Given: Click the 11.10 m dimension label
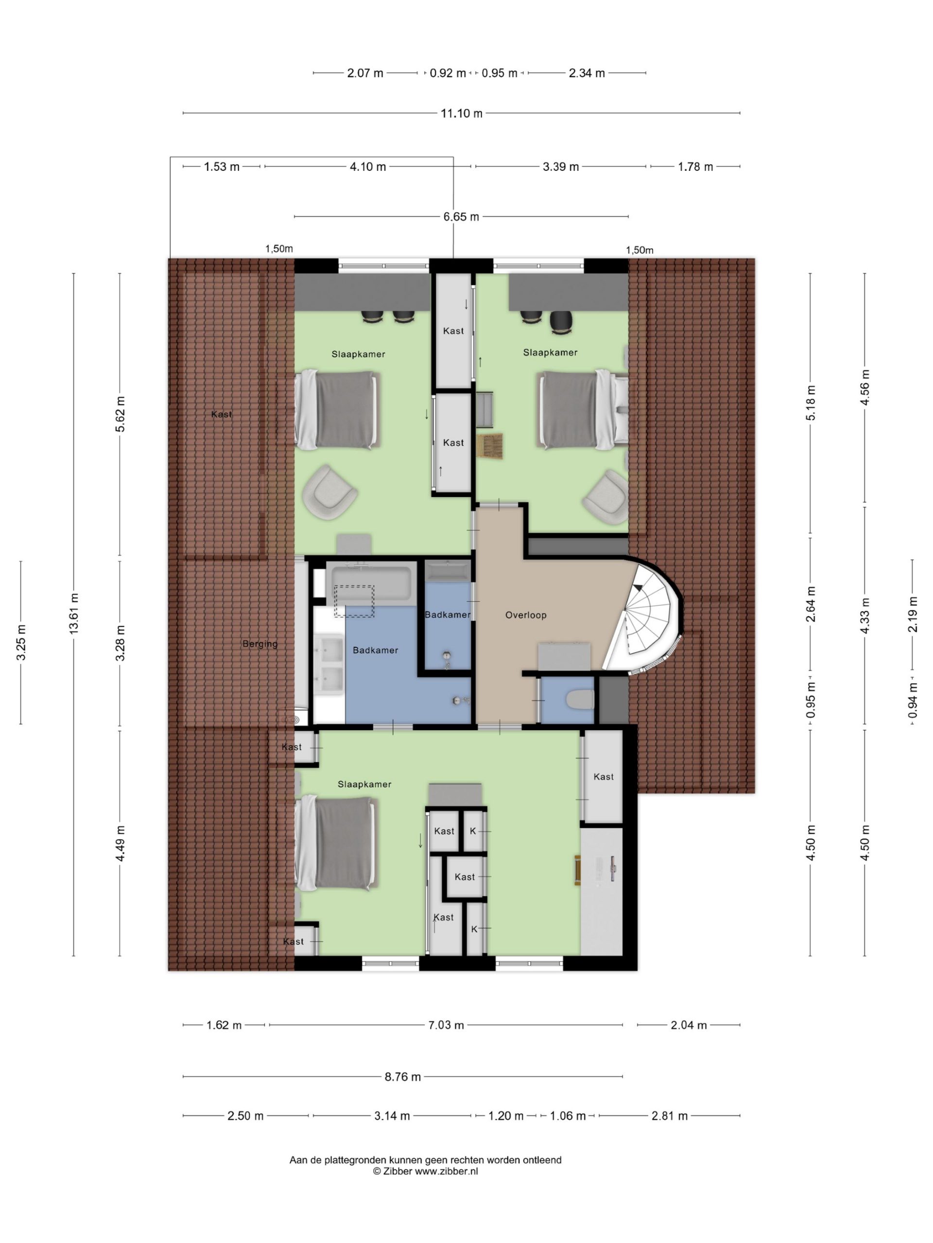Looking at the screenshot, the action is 461,113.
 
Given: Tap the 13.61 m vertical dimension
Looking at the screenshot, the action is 74,614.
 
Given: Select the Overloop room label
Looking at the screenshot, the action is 525,615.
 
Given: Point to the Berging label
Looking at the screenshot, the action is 260,644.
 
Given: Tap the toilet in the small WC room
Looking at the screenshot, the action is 580,700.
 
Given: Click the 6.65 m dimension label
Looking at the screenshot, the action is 461,217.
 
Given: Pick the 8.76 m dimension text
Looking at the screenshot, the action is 403,1076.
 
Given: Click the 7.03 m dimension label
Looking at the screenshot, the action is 446,1025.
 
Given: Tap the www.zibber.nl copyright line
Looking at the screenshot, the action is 425,1172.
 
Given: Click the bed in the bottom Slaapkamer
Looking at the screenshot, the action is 336,843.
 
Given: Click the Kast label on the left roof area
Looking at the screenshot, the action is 221,414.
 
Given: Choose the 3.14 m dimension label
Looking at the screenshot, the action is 392,1116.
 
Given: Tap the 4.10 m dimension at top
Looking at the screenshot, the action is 368,167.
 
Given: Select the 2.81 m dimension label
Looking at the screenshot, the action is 669,1116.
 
